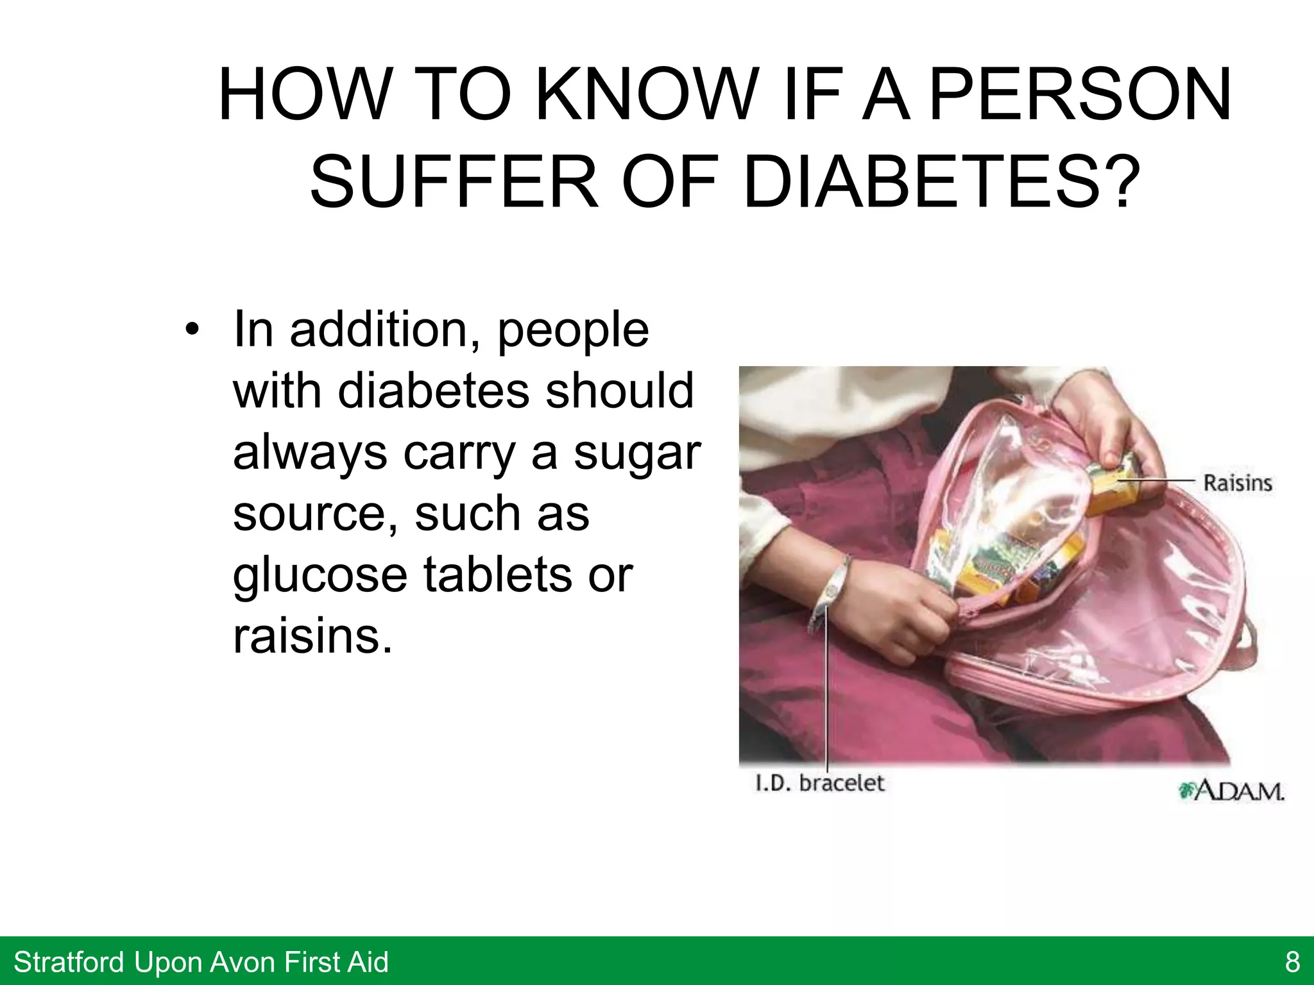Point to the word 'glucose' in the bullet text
click(320, 575)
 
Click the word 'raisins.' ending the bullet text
click(312, 636)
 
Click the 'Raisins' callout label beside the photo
click(1237, 483)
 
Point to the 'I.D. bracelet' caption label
click(820, 783)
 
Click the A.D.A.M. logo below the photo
click(1232, 791)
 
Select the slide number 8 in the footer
click(1292, 962)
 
